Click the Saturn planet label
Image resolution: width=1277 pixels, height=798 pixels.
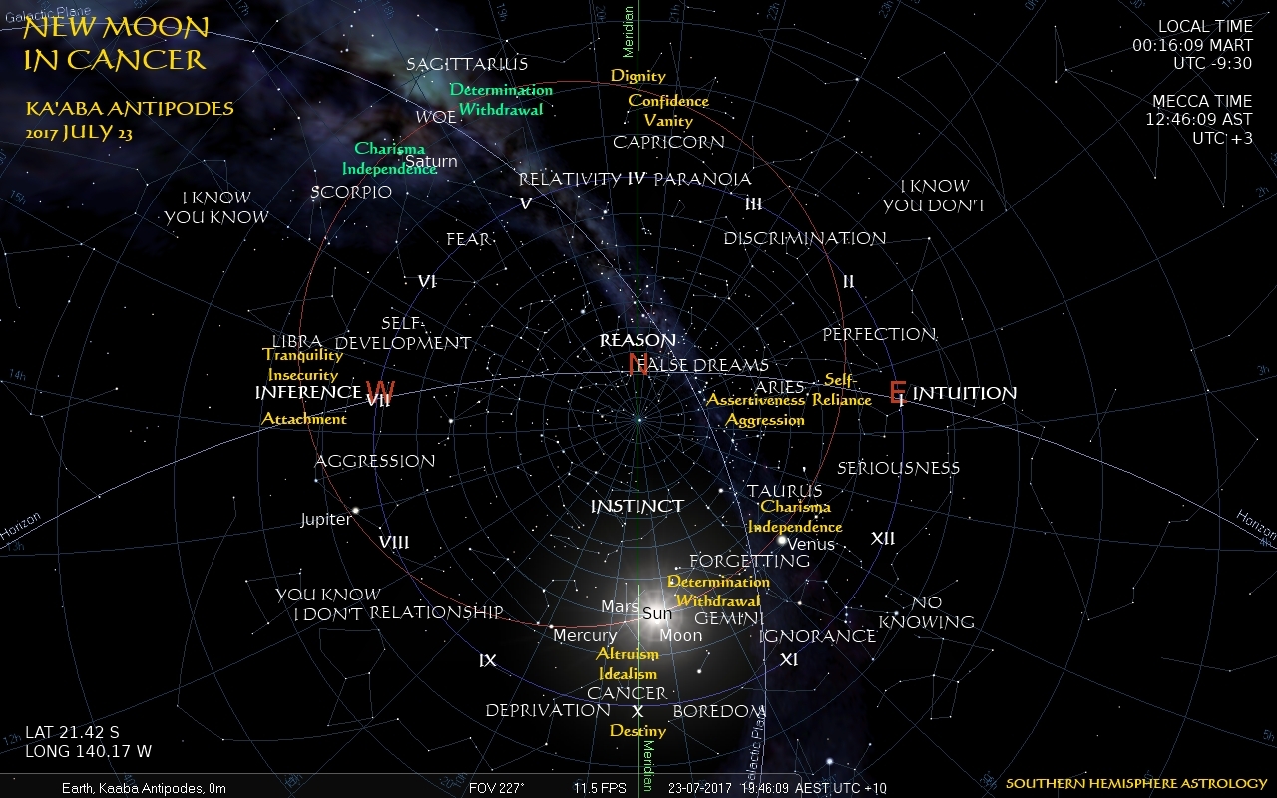click(x=432, y=161)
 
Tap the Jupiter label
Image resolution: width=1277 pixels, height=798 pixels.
click(x=326, y=520)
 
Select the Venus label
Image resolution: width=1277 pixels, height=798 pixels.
click(x=811, y=545)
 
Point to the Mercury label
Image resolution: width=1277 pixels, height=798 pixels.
click(x=585, y=636)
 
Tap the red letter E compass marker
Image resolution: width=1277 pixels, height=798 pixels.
click(x=897, y=392)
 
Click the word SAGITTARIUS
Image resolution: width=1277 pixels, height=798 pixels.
click(x=467, y=65)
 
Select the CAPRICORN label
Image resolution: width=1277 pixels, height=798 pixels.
click(x=668, y=142)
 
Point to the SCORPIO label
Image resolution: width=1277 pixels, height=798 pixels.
click(x=351, y=192)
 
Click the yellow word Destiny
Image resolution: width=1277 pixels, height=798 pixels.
click(x=638, y=730)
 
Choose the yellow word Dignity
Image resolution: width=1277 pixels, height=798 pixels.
click(x=638, y=76)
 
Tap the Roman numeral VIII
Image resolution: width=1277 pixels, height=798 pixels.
click(x=394, y=542)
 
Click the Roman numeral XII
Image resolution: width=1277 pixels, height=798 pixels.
click(x=883, y=539)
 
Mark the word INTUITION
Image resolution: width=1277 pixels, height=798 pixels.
click(x=965, y=393)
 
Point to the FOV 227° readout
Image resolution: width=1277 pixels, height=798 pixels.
click(x=496, y=788)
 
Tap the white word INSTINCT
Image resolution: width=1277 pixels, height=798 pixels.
click(x=638, y=507)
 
